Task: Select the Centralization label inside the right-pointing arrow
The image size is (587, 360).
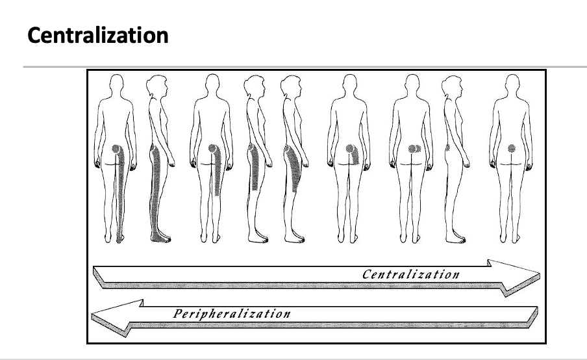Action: [x=410, y=274]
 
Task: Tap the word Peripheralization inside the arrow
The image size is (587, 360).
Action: [x=231, y=314]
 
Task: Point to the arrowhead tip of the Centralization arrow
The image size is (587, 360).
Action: [x=538, y=272]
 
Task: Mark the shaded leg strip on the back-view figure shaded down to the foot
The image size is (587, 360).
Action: [x=121, y=195]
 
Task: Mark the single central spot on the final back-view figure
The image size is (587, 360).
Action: [x=510, y=148]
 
